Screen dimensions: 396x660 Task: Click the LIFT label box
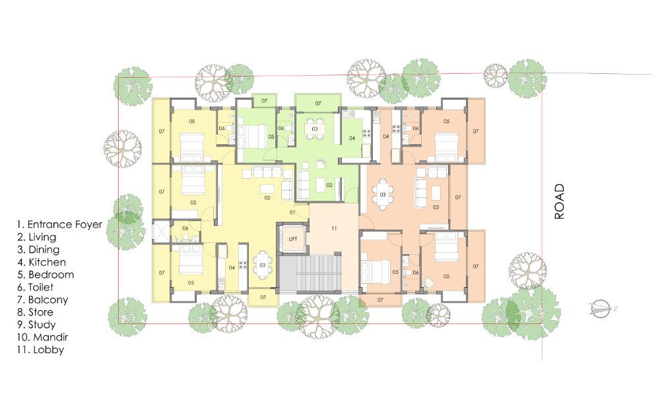click(x=292, y=239)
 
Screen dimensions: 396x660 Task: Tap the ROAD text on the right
click(x=560, y=201)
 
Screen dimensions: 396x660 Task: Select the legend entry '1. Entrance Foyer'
click(x=59, y=224)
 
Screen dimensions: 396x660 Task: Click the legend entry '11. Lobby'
click(x=40, y=350)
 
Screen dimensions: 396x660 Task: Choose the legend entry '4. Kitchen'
click(x=42, y=262)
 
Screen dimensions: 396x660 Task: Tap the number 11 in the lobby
click(x=335, y=228)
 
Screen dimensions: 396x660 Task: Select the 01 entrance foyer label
click(x=293, y=213)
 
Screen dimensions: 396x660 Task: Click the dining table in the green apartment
click(x=315, y=129)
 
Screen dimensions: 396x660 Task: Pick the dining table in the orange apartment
click(x=382, y=194)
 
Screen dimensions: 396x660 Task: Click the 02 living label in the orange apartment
click(x=436, y=207)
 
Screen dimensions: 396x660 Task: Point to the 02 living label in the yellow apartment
click(x=267, y=197)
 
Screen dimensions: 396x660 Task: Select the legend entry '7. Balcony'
click(x=44, y=300)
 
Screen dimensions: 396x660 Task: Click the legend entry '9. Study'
click(x=37, y=325)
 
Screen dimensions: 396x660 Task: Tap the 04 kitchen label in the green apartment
click(x=352, y=138)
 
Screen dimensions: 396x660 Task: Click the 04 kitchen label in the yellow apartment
click(x=232, y=267)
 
